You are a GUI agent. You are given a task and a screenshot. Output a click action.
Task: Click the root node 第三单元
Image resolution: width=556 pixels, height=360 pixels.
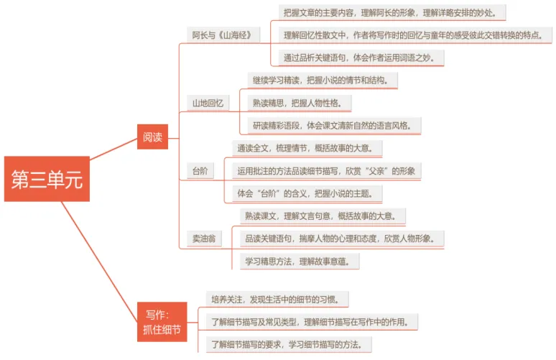point(47,179)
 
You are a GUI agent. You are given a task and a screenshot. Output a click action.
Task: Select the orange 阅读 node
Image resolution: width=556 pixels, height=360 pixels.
point(152,136)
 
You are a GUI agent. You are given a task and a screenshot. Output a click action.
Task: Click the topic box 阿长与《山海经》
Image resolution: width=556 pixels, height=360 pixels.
point(221,34)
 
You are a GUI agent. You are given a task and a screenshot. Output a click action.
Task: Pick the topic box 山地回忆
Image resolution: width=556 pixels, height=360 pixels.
point(207,103)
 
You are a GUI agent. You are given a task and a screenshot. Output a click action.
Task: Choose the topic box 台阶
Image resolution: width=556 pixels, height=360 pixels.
point(199,170)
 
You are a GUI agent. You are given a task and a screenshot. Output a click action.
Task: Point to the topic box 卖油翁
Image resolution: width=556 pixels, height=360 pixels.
point(202,237)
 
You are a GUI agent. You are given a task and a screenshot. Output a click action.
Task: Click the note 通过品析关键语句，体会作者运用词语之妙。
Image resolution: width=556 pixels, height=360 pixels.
point(362,57)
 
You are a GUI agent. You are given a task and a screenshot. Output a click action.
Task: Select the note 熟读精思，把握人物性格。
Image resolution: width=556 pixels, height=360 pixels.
point(301,103)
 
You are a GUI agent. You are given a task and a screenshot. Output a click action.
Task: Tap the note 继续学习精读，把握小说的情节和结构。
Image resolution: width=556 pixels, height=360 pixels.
point(320,80)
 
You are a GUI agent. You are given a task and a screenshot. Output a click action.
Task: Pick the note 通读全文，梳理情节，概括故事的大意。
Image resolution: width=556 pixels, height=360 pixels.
point(308,148)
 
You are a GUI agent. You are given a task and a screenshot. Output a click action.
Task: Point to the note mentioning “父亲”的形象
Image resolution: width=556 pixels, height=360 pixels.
point(328,170)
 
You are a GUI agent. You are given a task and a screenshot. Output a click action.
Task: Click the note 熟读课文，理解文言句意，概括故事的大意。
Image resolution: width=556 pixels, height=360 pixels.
point(325,215)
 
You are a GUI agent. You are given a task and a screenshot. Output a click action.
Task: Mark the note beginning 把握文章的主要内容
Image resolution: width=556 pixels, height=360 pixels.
point(394,12)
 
